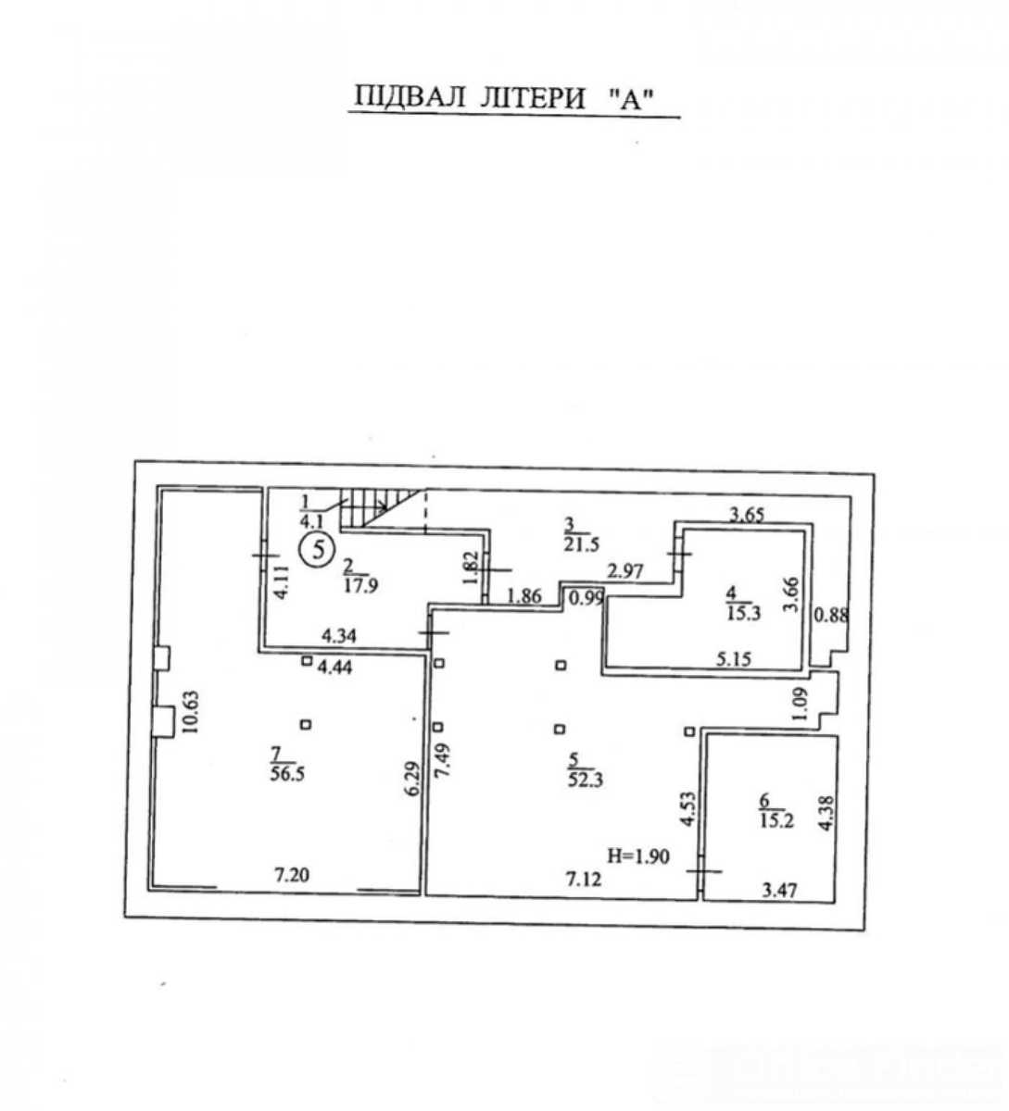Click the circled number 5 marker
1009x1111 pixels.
318,550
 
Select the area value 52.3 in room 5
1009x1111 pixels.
586,780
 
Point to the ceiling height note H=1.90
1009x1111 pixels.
638,856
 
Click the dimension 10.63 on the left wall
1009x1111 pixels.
190,712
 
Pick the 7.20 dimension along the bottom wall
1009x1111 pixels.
292,875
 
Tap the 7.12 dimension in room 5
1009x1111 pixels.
584,879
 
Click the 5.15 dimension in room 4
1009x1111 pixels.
733,658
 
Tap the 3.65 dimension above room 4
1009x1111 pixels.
746,516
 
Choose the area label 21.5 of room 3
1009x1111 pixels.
582,544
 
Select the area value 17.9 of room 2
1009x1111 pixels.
360,585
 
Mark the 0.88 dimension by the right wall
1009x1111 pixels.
831,616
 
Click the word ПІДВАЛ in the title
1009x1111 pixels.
410,98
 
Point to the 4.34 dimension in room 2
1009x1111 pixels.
339,635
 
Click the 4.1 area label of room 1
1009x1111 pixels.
311,521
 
